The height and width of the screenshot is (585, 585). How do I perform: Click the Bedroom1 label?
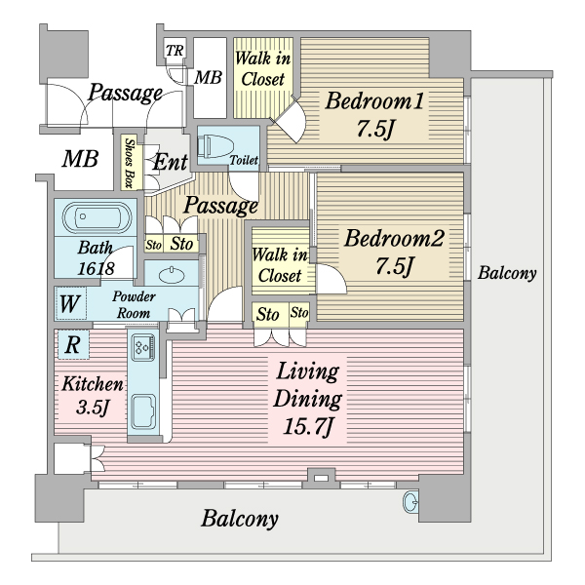375,113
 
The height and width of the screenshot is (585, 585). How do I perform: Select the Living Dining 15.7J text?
307,398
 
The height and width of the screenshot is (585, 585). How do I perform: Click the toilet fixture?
216,147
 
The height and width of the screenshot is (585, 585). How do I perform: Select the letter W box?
69,303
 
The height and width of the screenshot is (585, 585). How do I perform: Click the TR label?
175,51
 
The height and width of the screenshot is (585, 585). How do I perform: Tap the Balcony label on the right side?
507,274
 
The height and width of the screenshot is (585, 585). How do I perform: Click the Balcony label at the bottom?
241,518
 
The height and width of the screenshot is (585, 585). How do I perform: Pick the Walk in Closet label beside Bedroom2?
280,265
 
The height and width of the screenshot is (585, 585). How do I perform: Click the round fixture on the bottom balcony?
410,503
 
